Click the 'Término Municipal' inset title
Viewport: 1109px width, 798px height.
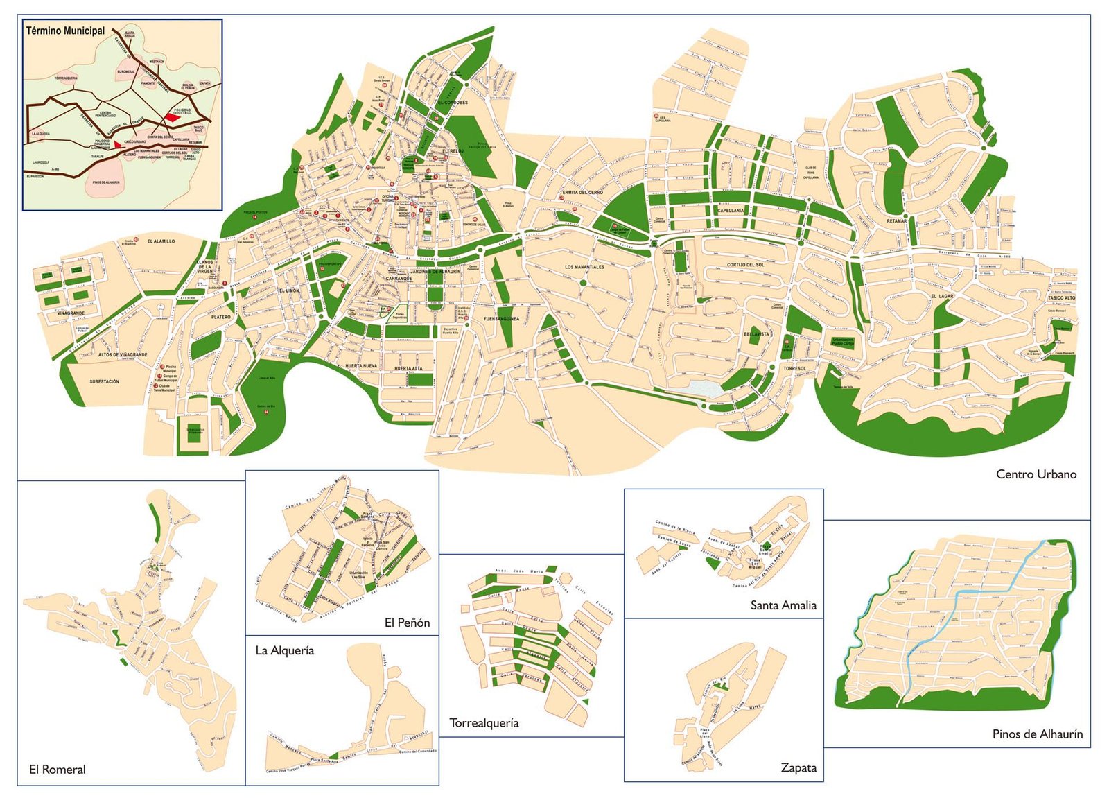65,31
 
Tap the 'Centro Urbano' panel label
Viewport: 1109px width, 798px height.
1036,474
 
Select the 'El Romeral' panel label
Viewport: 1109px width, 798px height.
58,769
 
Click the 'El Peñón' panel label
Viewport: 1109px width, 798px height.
407,623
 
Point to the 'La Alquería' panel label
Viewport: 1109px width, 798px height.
285,650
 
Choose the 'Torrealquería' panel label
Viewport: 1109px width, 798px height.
484,722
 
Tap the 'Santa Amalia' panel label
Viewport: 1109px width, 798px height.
783,605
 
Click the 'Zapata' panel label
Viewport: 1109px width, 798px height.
798,767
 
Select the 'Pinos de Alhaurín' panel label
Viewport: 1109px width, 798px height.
1037,734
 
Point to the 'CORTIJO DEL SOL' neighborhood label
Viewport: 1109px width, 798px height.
746,265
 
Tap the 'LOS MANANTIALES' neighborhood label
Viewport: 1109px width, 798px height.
584,267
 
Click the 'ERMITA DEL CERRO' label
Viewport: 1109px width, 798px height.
582,192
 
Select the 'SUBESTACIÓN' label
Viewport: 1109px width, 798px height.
104,381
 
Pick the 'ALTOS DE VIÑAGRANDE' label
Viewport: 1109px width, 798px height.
123,354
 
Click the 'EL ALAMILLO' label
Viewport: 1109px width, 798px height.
161,241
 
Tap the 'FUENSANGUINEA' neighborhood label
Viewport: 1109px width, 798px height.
501,319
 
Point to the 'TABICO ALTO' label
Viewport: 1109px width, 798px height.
1061,298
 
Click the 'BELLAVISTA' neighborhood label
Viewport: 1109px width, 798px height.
756,334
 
